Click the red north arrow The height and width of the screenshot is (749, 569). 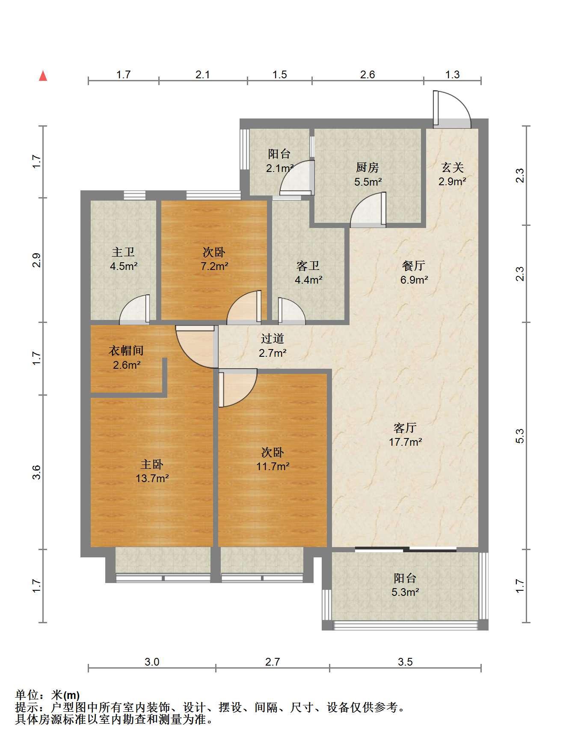pos(43,76)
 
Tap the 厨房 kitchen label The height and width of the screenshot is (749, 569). pos(367,167)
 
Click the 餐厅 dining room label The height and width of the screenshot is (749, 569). pos(414,266)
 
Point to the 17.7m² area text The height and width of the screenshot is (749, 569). pos(405,442)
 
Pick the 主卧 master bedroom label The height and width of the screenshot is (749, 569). pos(152,464)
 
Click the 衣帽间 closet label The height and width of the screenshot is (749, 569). pos(126,351)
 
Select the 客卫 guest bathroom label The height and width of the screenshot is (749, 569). pos(308,266)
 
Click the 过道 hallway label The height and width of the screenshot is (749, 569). pos(273,339)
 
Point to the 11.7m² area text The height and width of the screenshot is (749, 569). pos(273,466)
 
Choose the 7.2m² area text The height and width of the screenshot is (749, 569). pos(214,266)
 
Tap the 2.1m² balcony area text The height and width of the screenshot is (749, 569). pos(279,168)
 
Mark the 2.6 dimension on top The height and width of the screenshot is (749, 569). pos(367,75)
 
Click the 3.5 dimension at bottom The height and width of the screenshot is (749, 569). pos(405,662)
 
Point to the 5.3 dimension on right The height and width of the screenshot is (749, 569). pos(520,436)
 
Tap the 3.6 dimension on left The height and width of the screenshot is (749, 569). pos(37,472)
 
